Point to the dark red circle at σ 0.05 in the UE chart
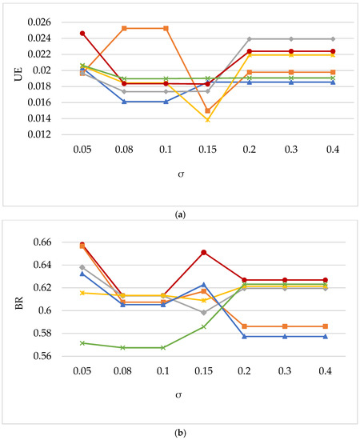82,34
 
